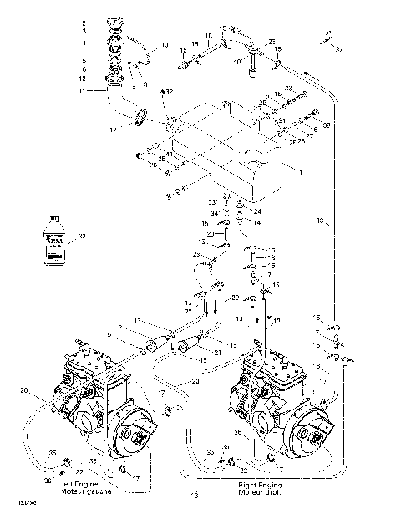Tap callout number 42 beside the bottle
click(x=81, y=238)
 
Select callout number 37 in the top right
click(x=339, y=49)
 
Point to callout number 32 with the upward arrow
click(x=170, y=90)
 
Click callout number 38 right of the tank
click(x=327, y=125)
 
